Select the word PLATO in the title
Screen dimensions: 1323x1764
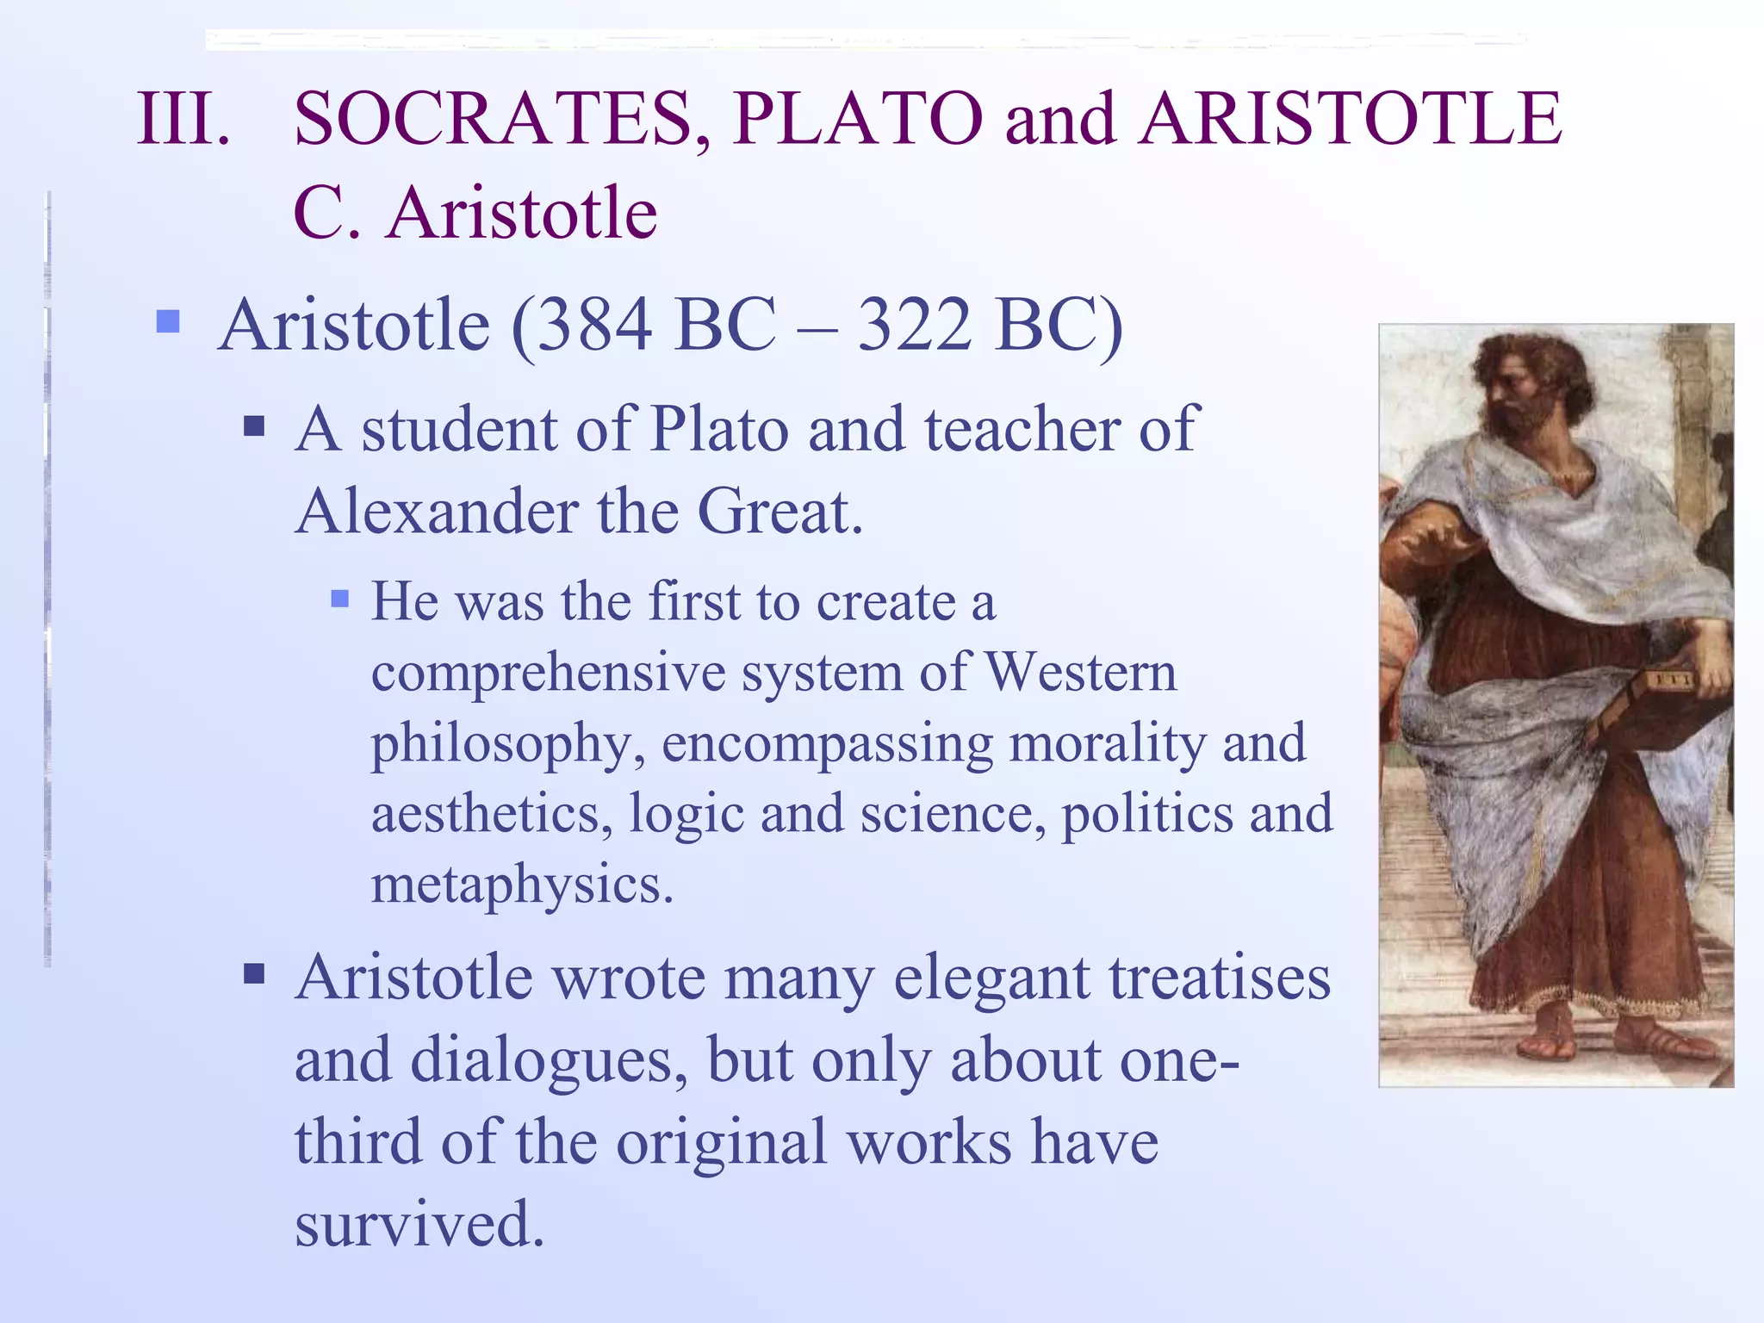858,119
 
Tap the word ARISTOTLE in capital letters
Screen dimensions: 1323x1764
1350,119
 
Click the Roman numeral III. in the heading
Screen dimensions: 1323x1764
183,119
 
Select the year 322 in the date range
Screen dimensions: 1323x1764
915,326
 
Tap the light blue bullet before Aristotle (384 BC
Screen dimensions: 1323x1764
168,322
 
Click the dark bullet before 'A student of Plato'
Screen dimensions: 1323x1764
253,425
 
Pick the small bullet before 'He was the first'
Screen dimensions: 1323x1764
340,598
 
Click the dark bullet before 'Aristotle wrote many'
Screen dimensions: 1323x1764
253,974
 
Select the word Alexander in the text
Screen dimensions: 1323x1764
436,512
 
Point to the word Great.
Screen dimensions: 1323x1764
780,512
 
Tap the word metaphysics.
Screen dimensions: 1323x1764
521,884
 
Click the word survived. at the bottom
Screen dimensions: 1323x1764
419,1223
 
